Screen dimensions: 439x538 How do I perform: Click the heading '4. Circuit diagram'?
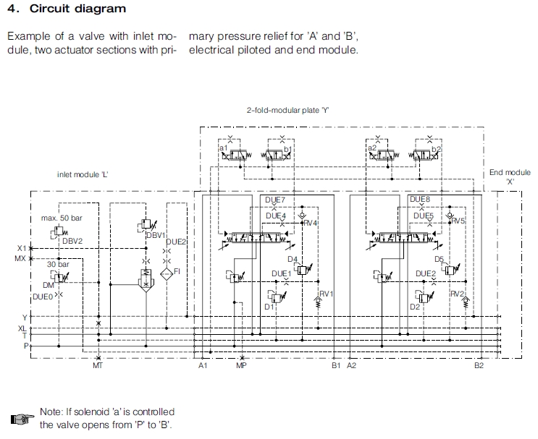66,9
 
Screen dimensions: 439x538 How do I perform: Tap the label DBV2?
72,240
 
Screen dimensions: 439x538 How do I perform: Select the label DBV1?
156,235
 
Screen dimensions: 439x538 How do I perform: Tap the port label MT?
98,366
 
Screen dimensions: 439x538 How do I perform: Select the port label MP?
241,366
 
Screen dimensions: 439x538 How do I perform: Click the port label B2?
479,366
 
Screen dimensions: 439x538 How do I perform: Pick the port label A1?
203,366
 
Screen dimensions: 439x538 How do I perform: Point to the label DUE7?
275,200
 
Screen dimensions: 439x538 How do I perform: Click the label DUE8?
420,199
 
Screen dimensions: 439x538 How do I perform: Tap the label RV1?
327,293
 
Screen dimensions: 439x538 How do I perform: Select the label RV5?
458,221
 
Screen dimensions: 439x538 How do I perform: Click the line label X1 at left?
20,248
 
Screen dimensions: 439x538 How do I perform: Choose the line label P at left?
25,346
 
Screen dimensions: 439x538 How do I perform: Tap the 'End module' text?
510,172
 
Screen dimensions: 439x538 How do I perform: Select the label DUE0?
42,296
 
